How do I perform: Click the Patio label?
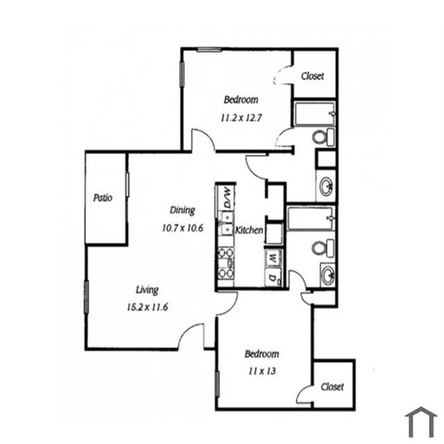103,198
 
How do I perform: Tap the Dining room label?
183,211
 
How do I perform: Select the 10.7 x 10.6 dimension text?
183,228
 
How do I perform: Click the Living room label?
147,290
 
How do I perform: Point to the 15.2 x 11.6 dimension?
148,307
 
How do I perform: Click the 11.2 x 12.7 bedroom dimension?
241,117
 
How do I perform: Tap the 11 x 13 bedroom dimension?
262,371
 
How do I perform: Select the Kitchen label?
249,230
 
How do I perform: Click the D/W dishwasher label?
227,197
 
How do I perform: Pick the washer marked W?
273,258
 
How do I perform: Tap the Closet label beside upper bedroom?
312,76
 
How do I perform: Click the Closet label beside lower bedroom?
332,387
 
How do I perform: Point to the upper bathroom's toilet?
323,138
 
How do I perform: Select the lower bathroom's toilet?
323,249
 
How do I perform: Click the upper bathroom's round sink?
326,186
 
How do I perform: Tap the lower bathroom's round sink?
328,275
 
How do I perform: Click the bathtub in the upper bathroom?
315,114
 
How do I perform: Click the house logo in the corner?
421,422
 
